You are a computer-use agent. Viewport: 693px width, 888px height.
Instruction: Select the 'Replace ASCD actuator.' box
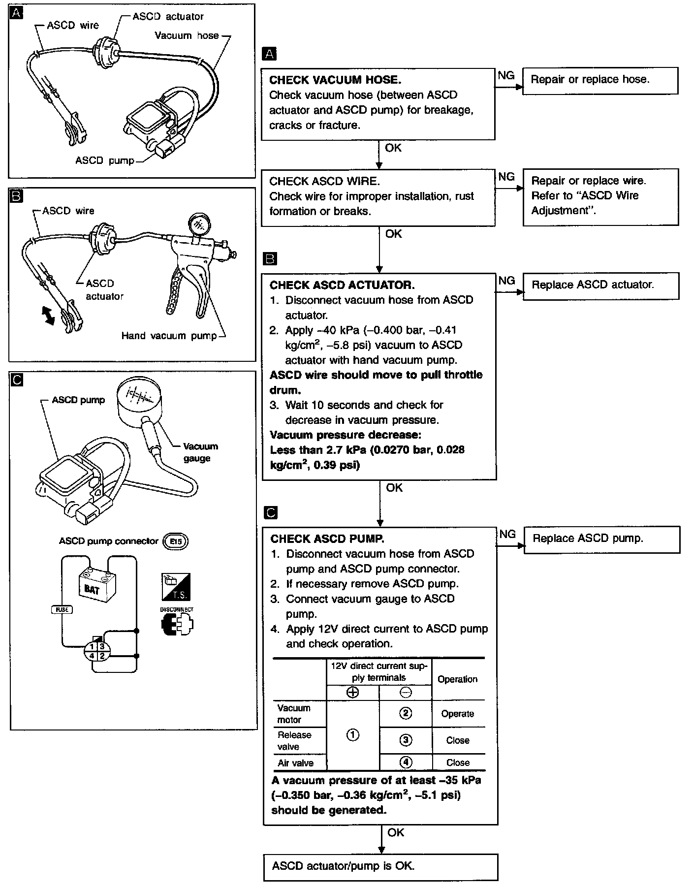[x=601, y=285]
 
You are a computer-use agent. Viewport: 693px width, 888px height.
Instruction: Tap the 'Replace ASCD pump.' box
[x=601, y=539]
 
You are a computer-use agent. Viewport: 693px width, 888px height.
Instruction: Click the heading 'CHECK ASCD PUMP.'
[x=327, y=539]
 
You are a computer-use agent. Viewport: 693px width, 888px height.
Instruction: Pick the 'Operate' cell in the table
[x=458, y=714]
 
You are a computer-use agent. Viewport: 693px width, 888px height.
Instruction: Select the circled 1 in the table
[x=353, y=735]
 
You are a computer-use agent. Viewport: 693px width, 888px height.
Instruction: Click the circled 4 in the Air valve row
[x=406, y=762]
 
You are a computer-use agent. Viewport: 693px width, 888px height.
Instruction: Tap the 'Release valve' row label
[x=294, y=740]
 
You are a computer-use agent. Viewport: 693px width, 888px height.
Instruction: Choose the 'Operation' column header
[x=458, y=679]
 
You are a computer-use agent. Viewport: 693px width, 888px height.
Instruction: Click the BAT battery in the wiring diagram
[x=97, y=586]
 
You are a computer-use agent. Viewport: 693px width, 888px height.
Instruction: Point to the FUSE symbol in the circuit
[x=62, y=609]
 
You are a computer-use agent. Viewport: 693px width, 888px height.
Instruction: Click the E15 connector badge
[x=176, y=541]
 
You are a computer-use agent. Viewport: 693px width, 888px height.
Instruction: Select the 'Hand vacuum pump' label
[x=169, y=336]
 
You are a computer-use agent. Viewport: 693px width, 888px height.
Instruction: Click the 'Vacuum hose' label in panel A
[x=187, y=35]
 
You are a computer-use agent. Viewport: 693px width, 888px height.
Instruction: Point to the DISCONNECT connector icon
[x=177, y=624]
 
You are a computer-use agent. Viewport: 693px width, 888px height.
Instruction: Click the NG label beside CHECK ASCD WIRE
[x=506, y=177]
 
